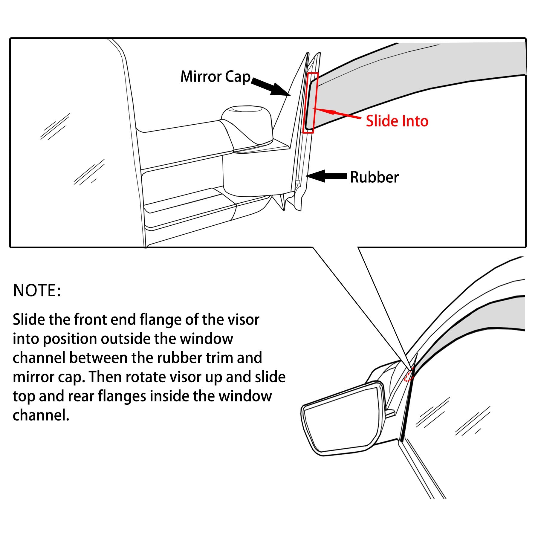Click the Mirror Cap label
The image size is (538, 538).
(215, 77)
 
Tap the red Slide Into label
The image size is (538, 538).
(397, 121)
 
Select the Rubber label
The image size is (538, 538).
(374, 177)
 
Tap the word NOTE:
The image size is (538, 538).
(37, 291)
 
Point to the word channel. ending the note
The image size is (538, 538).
(41, 415)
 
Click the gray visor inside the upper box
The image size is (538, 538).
(418, 75)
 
